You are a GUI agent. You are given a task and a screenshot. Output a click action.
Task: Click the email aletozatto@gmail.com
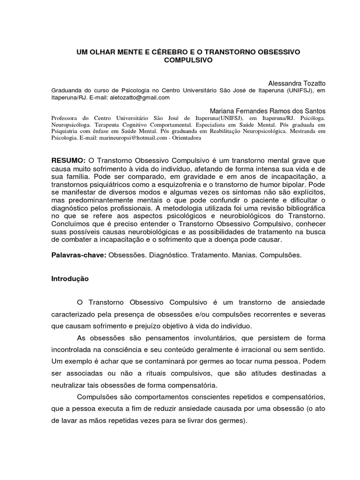(139, 97)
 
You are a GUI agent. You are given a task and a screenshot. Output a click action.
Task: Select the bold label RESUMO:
(68, 160)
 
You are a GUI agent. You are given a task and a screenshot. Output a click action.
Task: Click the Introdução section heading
(70, 279)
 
